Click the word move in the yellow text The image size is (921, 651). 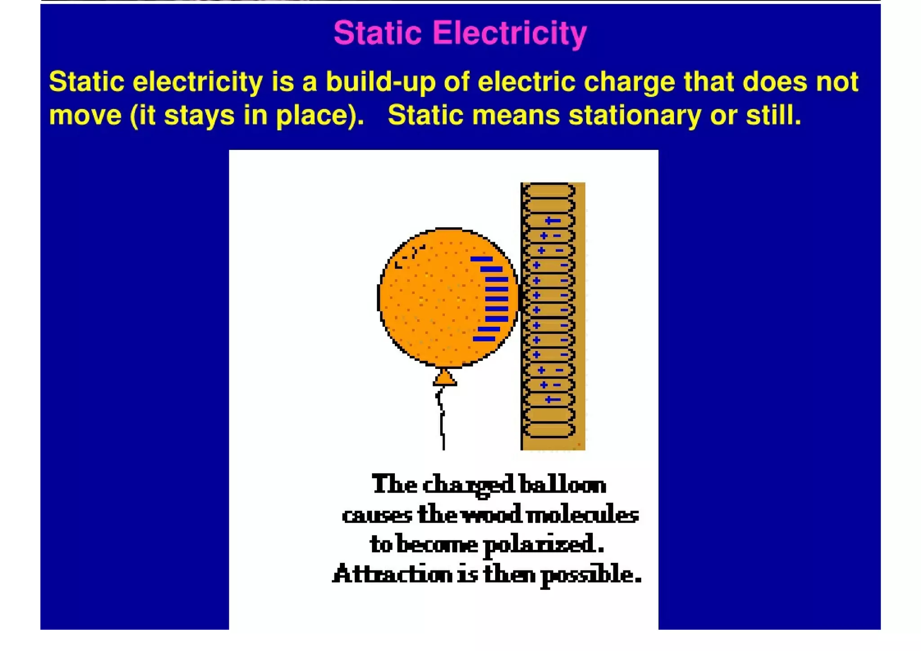pyautogui.click(x=85, y=115)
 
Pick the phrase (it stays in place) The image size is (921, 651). pyautogui.click(x=246, y=115)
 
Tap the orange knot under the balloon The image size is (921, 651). pyautogui.click(x=445, y=378)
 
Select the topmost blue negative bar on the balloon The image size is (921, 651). pyautogui.click(x=481, y=259)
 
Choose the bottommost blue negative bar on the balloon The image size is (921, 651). pyautogui.click(x=484, y=339)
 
